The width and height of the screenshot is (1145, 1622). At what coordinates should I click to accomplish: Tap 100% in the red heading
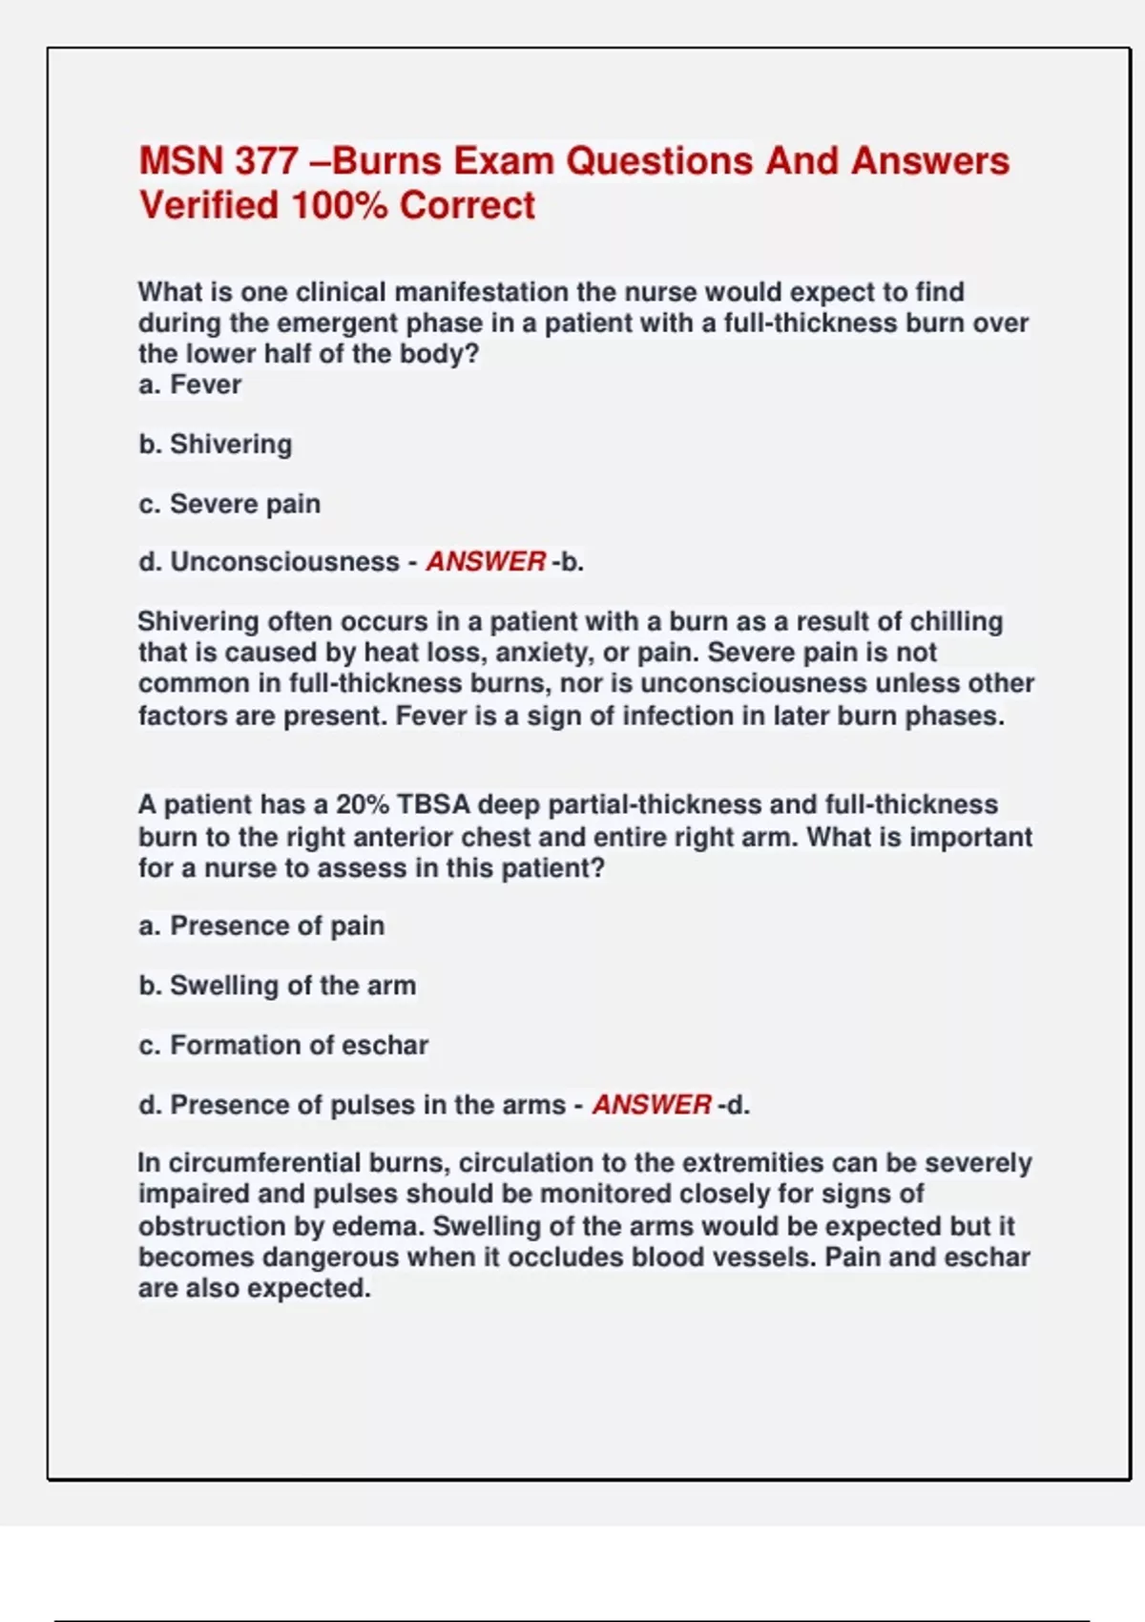pos(339,205)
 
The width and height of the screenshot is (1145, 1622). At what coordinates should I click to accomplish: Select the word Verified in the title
pos(208,205)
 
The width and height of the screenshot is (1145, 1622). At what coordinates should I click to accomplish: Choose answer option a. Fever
pos(190,385)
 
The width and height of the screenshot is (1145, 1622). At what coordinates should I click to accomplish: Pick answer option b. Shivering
pos(216,444)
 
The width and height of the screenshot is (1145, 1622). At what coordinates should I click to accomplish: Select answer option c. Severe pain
pos(229,504)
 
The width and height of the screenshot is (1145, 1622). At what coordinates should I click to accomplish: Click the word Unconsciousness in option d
pos(284,562)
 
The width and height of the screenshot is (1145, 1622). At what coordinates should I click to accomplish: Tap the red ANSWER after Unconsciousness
pos(486,562)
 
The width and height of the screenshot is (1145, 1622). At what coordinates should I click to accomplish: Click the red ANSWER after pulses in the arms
pos(652,1105)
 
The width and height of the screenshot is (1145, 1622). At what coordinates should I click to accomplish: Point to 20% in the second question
pos(362,804)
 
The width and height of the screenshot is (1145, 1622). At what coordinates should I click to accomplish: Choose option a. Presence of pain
pos(261,925)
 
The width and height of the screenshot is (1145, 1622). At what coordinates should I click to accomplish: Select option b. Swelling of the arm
pos(277,985)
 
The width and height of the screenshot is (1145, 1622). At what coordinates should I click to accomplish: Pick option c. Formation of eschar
pos(283,1045)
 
